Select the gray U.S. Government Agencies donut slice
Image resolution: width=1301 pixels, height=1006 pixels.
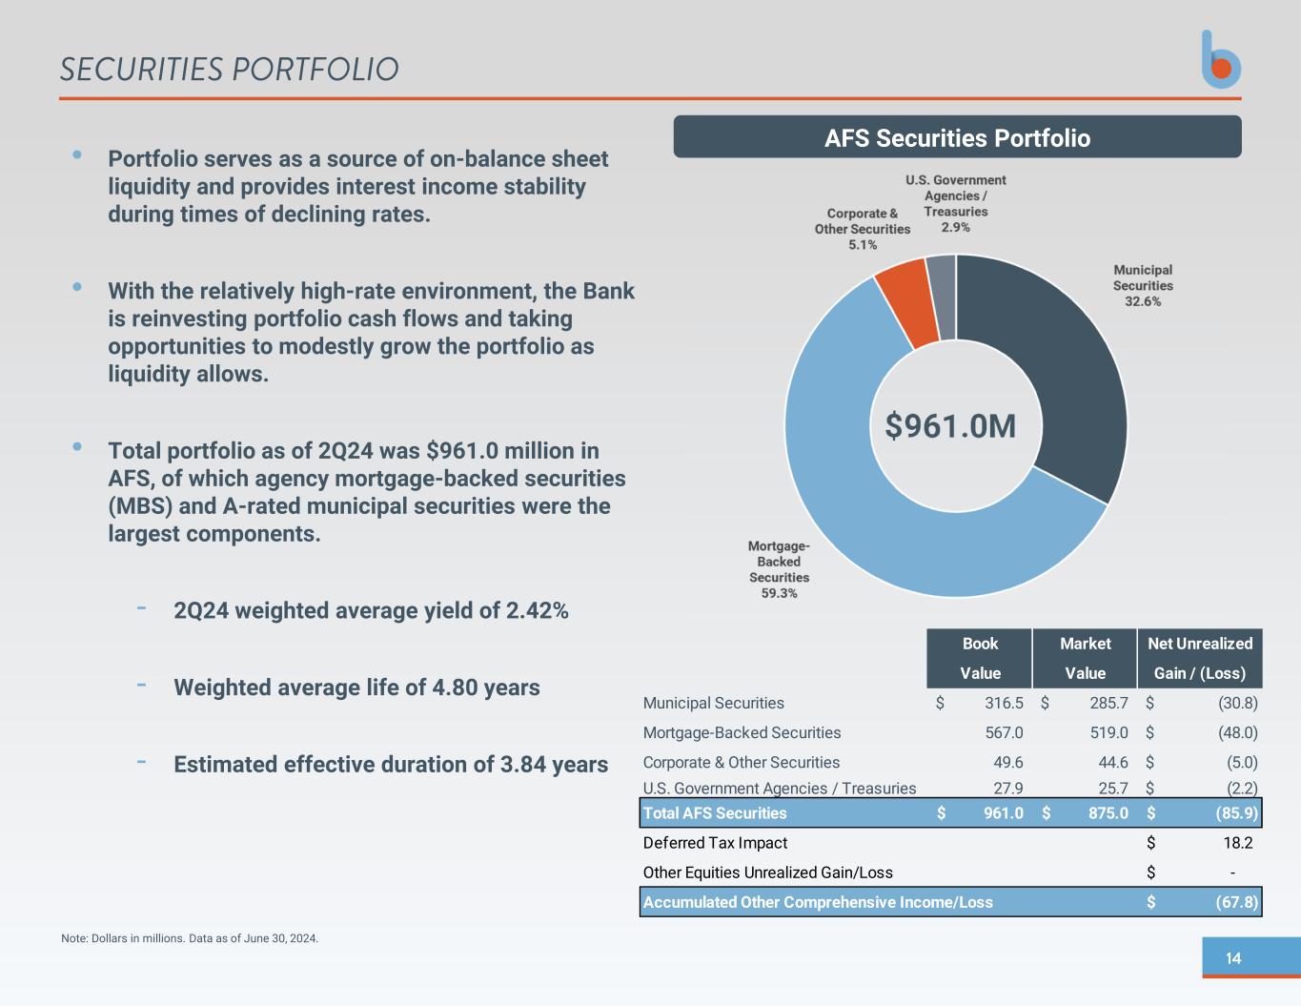942,298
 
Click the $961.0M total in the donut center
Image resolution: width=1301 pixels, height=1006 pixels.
950,426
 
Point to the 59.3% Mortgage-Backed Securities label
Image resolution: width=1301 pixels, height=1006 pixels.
779,569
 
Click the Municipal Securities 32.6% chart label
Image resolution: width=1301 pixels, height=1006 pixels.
1143,285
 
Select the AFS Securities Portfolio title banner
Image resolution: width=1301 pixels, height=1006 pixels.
957,137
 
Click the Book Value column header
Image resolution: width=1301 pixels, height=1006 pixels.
980,658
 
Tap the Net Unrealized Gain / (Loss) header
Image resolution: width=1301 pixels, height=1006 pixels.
1199,658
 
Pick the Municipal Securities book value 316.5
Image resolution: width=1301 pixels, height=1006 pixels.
1003,703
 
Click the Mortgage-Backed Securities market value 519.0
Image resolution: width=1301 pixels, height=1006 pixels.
1108,732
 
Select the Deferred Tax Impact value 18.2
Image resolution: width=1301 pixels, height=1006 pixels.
1237,843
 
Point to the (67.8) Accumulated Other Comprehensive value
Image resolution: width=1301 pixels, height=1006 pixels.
1236,902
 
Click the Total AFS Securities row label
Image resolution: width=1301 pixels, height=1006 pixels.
715,813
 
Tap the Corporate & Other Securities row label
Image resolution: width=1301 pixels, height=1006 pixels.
742,762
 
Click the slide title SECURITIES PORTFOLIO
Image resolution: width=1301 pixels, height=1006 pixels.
229,70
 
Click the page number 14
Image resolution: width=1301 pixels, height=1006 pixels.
1233,958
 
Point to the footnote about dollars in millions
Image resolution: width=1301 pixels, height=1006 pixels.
190,938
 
